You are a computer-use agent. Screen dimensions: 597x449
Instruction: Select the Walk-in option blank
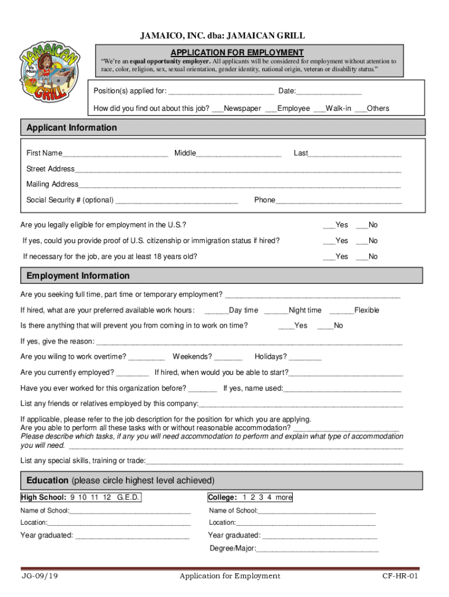coord(319,109)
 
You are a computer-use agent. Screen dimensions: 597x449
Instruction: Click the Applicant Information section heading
coord(72,128)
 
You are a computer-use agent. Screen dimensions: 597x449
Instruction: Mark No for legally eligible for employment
coord(361,226)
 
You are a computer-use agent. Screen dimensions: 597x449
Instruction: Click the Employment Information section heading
coord(78,276)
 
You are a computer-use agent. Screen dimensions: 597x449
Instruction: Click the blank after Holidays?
coord(304,357)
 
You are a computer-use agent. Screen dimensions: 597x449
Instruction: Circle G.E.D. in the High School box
coord(128,498)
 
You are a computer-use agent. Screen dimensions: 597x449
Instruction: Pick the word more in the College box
coord(284,498)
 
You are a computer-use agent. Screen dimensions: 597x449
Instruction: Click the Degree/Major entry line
coord(317,549)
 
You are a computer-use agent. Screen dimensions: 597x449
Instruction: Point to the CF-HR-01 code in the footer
coord(400,577)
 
